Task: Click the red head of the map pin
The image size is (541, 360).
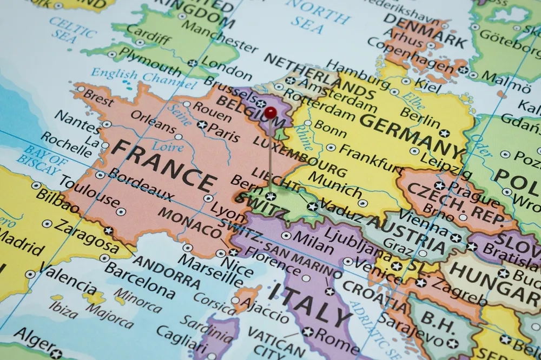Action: (270, 112)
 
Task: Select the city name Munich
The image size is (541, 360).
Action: (335, 184)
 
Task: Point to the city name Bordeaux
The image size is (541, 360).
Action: (142, 185)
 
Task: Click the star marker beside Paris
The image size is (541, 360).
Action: (202, 124)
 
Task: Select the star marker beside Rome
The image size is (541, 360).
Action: (308, 331)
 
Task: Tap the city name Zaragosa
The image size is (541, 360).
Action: (87, 238)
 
